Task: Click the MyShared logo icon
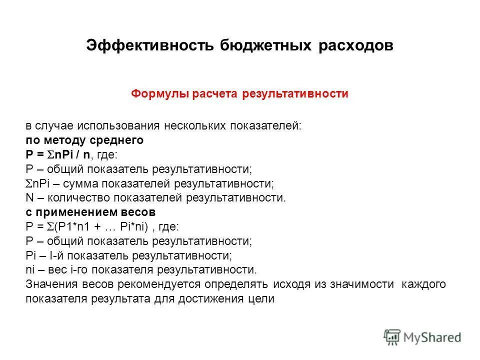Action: tap(392, 337)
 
